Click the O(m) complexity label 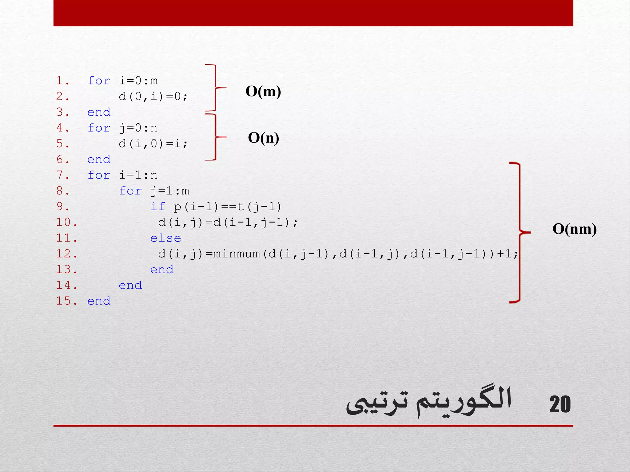263,92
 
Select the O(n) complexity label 264,138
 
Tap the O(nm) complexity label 574,229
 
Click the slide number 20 560,404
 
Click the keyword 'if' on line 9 158,206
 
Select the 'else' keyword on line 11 165,238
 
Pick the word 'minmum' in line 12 237,254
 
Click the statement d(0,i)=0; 153,97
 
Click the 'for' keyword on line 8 130,191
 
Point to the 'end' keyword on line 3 99,112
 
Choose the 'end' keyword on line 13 162,270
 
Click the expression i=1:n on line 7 138,175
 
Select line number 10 66,222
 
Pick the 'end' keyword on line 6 99,159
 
